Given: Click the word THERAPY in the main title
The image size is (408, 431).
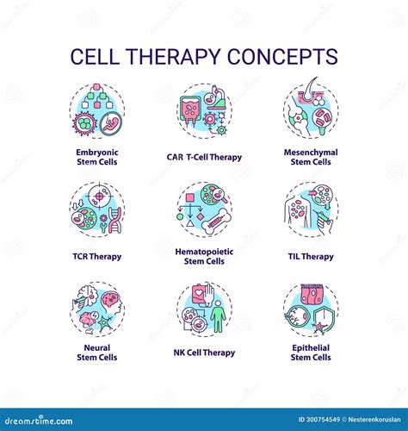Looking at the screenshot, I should tap(185, 57).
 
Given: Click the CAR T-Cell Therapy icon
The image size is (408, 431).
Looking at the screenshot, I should tap(204, 110).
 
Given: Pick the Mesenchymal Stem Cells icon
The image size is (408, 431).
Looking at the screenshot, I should tap(311, 110).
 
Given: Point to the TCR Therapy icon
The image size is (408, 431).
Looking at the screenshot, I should tap(96, 209).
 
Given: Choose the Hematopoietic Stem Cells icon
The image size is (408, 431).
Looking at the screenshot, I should tap(204, 209).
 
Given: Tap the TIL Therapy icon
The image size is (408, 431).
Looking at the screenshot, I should tap(311, 209).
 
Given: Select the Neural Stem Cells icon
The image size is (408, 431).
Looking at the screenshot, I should tap(96, 309).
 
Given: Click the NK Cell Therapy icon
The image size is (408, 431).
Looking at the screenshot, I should tap(204, 309).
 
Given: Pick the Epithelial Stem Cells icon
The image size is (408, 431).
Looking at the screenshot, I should tap(311, 309).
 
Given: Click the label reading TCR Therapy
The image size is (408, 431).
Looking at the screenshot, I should tap(96, 256).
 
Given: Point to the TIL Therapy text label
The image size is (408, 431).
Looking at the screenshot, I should tap(311, 256).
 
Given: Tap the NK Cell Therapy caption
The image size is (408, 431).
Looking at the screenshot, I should tap(204, 353).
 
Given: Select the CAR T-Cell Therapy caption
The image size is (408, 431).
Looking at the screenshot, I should tap(204, 157).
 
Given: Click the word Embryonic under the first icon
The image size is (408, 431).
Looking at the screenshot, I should tap(96, 153).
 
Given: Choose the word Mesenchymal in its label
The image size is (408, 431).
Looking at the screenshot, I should tap(311, 153).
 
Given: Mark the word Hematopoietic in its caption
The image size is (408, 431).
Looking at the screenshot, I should tap(204, 251).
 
